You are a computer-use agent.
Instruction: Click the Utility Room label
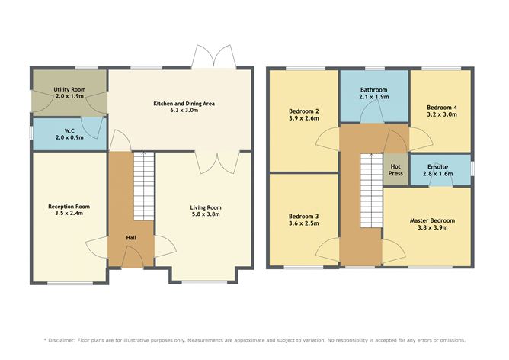[69, 90]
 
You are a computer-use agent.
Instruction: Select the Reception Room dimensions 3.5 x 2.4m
[69, 214]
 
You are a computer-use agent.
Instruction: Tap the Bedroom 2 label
[304, 111]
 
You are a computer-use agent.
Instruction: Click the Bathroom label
[373, 90]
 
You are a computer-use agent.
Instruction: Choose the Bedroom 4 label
[442, 107]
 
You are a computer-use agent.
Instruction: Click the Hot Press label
[395, 169]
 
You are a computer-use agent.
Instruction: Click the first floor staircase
[372, 187]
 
